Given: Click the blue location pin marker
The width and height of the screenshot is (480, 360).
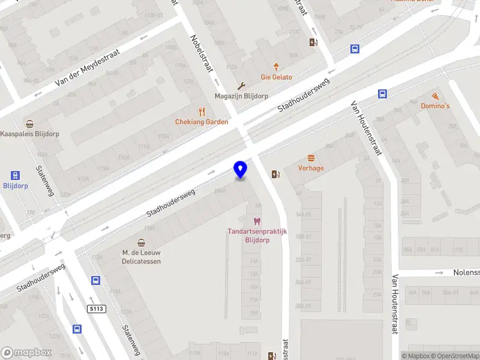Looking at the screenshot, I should [x=241, y=170].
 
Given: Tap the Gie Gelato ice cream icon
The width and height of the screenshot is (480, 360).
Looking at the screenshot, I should [x=276, y=66].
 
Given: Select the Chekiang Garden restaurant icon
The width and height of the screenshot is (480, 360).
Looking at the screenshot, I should [x=202, y=111].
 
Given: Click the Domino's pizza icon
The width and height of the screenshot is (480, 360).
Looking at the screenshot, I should [x=434, y=96].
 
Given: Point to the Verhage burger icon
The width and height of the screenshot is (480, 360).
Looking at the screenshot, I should [x=311, y=158].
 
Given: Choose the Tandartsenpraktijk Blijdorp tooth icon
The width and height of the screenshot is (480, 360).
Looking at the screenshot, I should [x=257, y=221].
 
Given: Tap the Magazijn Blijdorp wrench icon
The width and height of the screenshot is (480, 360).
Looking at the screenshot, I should [x=241, y=86].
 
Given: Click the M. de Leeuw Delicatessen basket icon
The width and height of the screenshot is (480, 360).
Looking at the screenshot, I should [x=142, y=242].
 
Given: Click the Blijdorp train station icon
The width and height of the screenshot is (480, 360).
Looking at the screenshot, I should [x=15, y=175].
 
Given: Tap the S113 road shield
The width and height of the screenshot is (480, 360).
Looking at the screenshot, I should [x=96, y=308].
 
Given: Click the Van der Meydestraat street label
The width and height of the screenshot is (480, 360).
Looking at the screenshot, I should [x=87, y=67].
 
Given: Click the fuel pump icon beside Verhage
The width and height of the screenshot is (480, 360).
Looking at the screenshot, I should [x=275, y=174].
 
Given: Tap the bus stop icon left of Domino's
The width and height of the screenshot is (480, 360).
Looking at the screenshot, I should [x=382, y=94].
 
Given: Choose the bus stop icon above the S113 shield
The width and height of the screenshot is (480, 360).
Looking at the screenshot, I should [x=95, y=280].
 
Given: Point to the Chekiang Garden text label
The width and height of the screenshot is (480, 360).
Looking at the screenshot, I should [x=202, y=122].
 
